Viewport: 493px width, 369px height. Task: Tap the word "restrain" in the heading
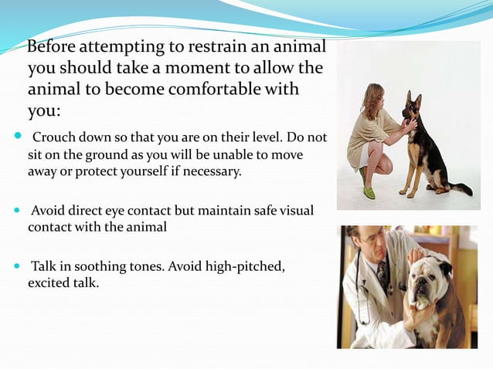pos(219,48)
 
